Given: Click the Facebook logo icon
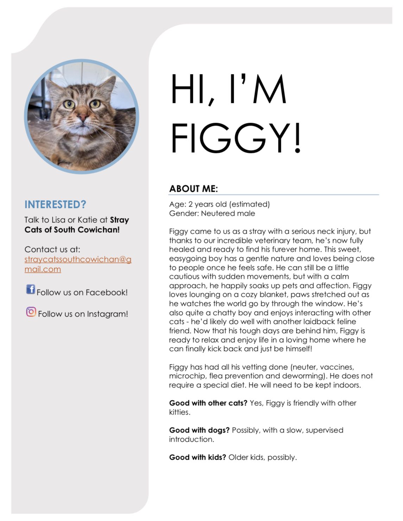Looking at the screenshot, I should tap(31, 289).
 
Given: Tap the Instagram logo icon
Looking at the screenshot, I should tap(31, 312).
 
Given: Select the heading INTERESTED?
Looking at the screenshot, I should tap(55, 204).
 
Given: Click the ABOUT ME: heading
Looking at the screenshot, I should tap(194, 189).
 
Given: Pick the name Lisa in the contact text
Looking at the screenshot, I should tap(58, 220).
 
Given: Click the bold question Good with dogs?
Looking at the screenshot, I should tap(199, 430).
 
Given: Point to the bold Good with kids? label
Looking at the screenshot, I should tap(197, 457).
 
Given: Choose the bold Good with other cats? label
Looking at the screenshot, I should tap(208, 403).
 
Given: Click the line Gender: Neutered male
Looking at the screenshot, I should tap(212, 213).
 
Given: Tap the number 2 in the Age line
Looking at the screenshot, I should tap(190, 204).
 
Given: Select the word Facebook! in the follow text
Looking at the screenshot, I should tap(107, 293).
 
